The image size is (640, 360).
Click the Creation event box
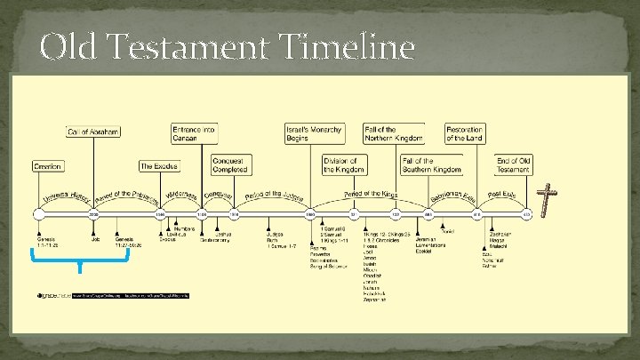47,166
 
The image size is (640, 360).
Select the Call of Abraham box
93,132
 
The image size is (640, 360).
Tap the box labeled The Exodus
159,166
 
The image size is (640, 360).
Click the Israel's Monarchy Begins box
313,133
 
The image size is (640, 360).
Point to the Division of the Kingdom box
344,165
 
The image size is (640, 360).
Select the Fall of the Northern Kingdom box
393,133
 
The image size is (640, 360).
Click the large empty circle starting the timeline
37,214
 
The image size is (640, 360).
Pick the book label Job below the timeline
95,238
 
